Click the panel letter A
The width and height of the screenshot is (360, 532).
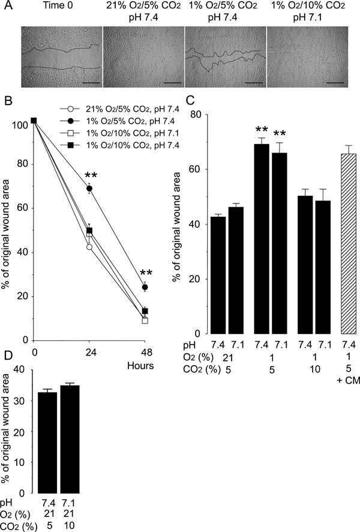5,6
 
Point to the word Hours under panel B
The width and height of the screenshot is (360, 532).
145,364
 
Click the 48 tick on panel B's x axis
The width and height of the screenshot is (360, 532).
145,350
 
